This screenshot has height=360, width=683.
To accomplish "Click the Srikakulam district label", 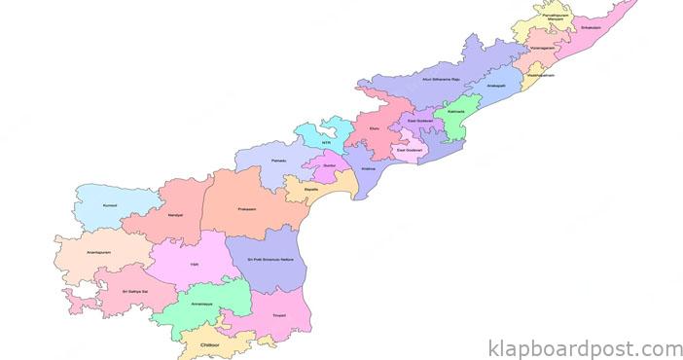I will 591,28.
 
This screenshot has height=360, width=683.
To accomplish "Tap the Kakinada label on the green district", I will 453,113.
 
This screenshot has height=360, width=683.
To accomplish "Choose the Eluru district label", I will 375,127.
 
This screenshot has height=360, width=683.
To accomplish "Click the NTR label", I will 326,142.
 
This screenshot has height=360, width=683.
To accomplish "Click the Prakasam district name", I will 247,208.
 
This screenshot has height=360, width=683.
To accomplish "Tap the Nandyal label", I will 175,214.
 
